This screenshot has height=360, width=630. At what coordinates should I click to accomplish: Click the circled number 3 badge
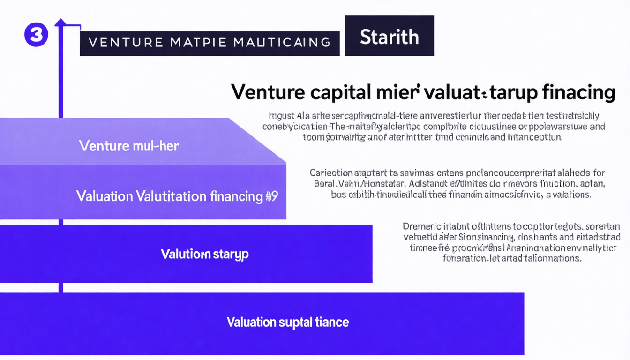36,35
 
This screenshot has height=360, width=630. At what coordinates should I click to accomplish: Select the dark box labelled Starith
389,36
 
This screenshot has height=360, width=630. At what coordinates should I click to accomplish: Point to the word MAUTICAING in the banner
282,43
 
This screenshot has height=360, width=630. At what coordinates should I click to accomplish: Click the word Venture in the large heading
269,92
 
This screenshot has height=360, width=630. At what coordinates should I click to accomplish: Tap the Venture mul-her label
129,146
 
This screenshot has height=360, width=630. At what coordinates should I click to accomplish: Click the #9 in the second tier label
271,196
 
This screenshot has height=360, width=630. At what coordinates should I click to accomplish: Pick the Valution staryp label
205,254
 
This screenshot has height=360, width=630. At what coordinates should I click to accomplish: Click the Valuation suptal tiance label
288,322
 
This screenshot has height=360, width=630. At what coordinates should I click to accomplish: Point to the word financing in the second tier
229,196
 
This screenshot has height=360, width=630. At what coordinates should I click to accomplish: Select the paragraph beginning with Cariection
457,183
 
